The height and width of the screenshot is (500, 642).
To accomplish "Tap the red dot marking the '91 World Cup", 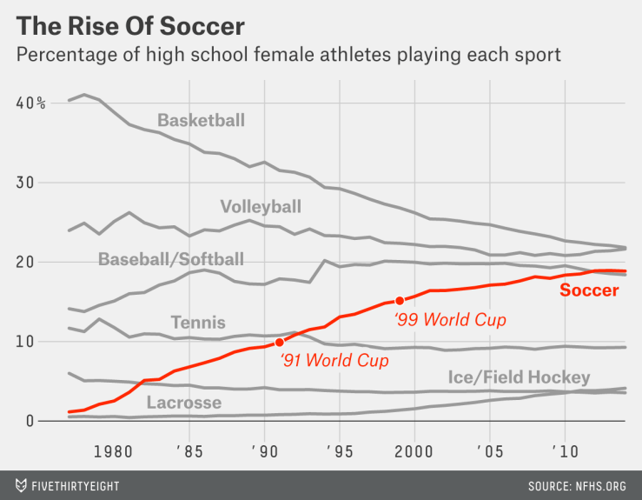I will (280, 343).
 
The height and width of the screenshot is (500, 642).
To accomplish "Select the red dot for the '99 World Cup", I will (400, 300).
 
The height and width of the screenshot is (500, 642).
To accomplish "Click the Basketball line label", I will (202, 120).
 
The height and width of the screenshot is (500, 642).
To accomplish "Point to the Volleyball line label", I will (261, 206).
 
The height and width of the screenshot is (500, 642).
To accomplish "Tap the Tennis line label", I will (198, 323).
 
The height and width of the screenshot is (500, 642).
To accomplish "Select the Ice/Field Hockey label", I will (520, 377).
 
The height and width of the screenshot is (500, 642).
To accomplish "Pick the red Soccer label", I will (589, 290).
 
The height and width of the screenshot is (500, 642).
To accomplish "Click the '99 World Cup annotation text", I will (450, 320).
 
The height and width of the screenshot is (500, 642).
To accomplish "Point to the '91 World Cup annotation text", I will (334, 359).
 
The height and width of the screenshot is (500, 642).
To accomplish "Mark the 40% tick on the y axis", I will (30, 103).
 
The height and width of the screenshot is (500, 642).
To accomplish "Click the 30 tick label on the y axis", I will (27, 183).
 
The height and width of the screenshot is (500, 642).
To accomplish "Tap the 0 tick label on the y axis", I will (31, 421).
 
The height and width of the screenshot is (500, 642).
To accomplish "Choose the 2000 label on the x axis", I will (414, 452).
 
